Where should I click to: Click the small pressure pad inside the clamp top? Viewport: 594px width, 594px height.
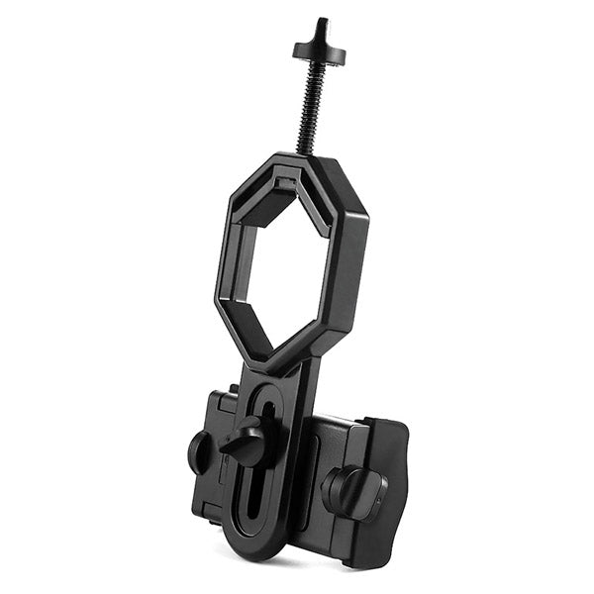tap(287, 188)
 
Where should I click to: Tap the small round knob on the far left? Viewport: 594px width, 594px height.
tap(198, 451)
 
